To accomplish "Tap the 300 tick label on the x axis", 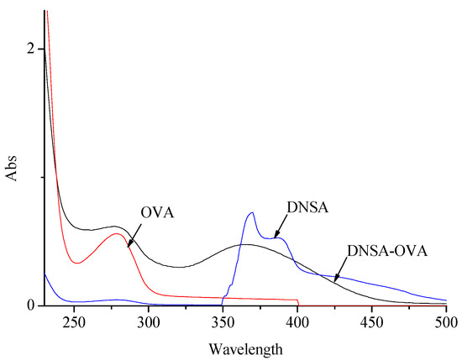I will [149, 321].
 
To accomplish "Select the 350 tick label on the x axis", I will [223, 321].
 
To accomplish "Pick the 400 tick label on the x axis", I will [297, 321].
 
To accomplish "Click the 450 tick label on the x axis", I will [371, 321].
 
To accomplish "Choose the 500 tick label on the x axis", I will [445, 321].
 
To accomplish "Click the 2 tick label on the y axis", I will [31, 49].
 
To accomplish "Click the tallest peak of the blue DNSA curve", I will [251, 213].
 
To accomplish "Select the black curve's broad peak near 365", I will [245, 244].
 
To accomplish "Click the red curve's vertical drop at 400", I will [298, 303].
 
